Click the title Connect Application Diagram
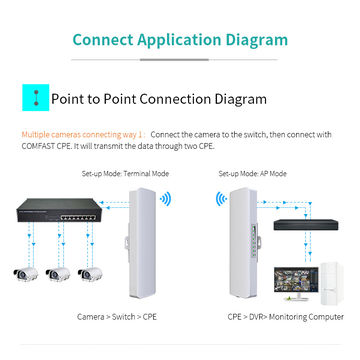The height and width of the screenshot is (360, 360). (x=180, y=41)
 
